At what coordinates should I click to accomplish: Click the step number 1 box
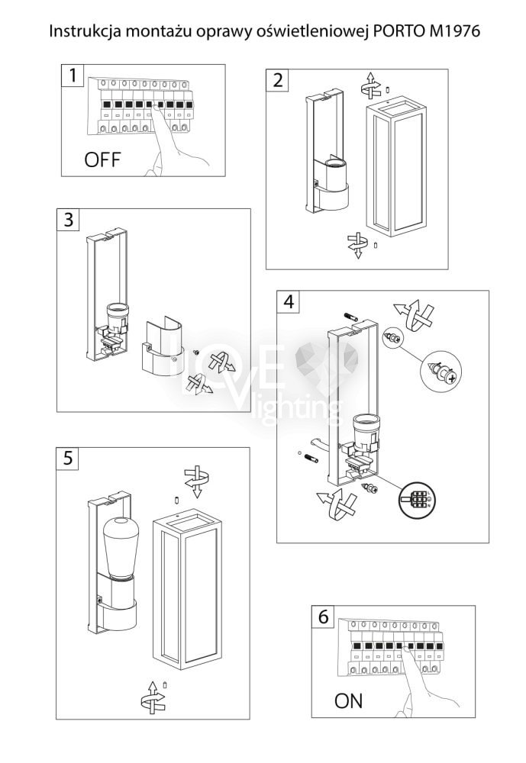point(72,76)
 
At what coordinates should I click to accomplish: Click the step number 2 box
point(276,80)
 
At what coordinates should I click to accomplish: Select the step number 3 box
point(69,220)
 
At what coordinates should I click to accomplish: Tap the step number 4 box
point(288,301)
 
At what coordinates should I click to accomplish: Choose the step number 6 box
point(323,617)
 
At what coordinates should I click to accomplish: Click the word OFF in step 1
point(102,160)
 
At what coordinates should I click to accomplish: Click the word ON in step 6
point(349,700)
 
